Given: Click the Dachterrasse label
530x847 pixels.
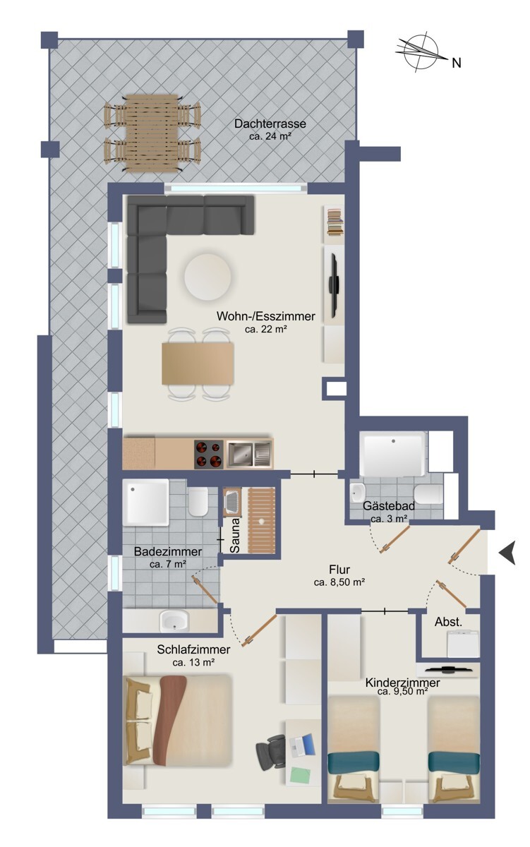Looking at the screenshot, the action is [x=270, y=124].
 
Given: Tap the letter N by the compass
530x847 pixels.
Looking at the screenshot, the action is [x=457, y=63].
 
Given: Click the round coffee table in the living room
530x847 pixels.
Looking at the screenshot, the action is [x=207, y=277].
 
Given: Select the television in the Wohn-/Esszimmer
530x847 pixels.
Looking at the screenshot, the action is [x=334, y=285].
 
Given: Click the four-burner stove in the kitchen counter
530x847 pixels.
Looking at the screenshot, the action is [x=209, y=454].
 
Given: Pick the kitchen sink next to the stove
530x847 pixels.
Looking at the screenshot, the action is [x=248, y=454].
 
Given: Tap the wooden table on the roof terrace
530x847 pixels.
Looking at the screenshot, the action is [x=152, y=133].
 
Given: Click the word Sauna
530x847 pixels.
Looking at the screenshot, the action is [x=235, y=535].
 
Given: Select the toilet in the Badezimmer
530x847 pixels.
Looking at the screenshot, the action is [x=198, y=502].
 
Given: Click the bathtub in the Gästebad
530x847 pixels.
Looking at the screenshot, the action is [x=392, y=453].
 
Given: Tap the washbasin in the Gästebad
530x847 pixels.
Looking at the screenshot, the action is [x=358, y=493].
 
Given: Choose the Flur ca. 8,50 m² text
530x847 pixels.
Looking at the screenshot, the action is [x=339, y=575].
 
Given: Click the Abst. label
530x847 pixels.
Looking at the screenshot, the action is [x=448, y=622].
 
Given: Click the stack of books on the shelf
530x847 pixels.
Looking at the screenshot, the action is [x=335, y=223].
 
